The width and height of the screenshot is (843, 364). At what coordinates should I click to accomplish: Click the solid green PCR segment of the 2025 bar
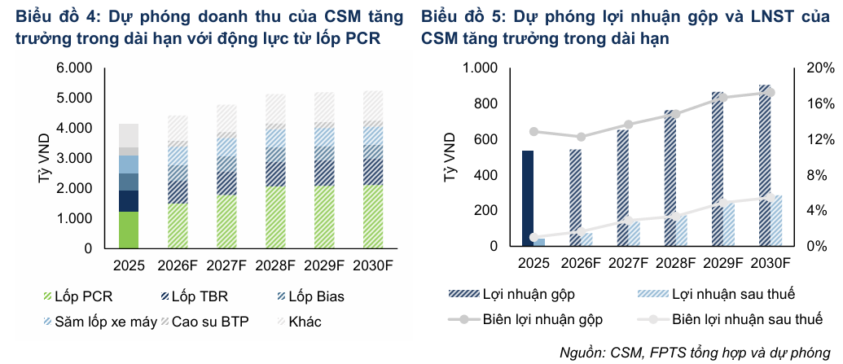pyautogui.click(x=129, y=230)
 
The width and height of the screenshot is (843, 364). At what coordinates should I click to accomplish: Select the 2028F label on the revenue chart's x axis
pyautogui.click(x=276, y=265)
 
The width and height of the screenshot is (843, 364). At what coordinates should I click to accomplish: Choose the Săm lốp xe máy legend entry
pyautogui.click(x=99, y=322)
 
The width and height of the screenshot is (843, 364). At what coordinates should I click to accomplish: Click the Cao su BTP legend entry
pyautogui.click(x=204, y=322)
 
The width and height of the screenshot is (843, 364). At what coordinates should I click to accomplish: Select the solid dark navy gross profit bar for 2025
pyautogui.click(x=528, y=199)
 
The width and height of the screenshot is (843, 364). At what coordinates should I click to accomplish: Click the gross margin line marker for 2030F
pyautogui.click(x=771, y=93)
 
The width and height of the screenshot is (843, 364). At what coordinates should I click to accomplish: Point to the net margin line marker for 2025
pyautogui.click(x=533, y=237)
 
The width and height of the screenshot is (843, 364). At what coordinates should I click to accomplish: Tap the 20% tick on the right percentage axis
pyautogui.click(x=820, y=68)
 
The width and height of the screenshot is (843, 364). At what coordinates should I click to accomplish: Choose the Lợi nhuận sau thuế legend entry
pyautogui.click(x=717, y=294)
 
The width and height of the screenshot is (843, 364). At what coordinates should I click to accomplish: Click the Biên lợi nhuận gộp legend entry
pyautogui.click(x=525, y=319)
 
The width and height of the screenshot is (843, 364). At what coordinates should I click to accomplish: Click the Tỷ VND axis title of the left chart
pyautogui.click(x=45, y=159)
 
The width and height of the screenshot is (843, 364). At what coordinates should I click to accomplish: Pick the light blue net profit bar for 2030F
pyautogui.click(x=776, y=221)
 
